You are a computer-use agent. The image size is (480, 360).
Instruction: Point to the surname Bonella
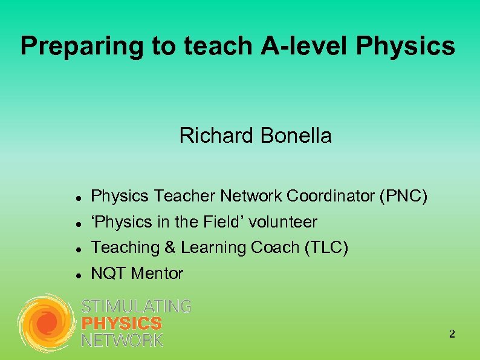tap(296, 136)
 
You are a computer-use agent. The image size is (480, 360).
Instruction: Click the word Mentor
tap(157, 273)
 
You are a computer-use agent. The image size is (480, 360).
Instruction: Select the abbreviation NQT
tap(108, 273)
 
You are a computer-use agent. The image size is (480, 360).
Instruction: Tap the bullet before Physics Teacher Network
tap(72, 197)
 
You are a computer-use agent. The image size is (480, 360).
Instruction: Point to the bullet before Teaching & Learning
tap(72, 249)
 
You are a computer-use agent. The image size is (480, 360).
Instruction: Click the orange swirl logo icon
tap(46, 323)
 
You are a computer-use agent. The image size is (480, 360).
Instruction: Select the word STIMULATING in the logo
tap(136, 307)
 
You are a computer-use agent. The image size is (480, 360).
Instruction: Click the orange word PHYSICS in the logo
tap(122, 323)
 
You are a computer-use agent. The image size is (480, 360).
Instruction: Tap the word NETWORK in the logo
tap(122, 339)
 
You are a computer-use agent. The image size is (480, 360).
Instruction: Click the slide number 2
tap(452, 334)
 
